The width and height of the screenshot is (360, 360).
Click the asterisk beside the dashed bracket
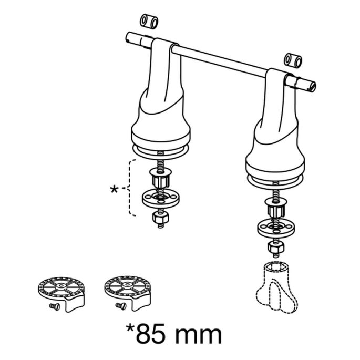(114, 190)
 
